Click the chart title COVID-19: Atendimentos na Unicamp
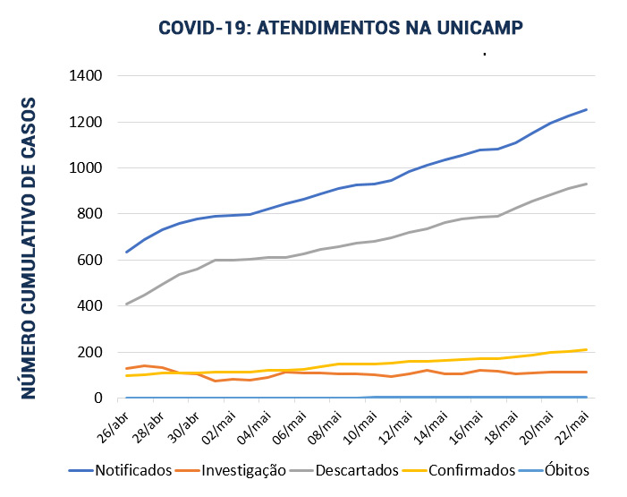click(340, 28)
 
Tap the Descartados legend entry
click(356, 470)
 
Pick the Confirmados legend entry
click(472, 470)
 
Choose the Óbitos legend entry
click(565, 470)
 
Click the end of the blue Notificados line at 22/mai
click(587, 109)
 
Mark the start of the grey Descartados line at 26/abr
click(126, 304)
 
